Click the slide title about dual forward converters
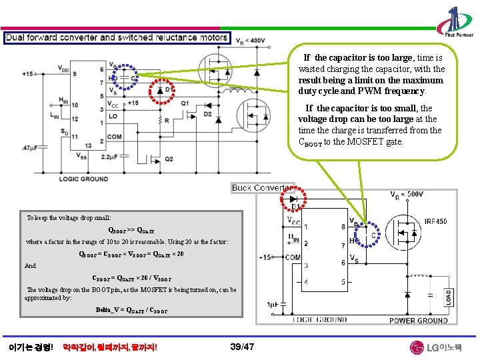117,38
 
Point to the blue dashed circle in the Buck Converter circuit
373,235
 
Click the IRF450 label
436,222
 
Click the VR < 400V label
251,41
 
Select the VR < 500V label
407,195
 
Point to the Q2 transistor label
169,158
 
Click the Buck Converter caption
263,188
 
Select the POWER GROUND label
418,321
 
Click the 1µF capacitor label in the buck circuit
272,305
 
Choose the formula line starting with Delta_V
131,311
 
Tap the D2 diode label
207,114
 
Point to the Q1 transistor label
185,103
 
